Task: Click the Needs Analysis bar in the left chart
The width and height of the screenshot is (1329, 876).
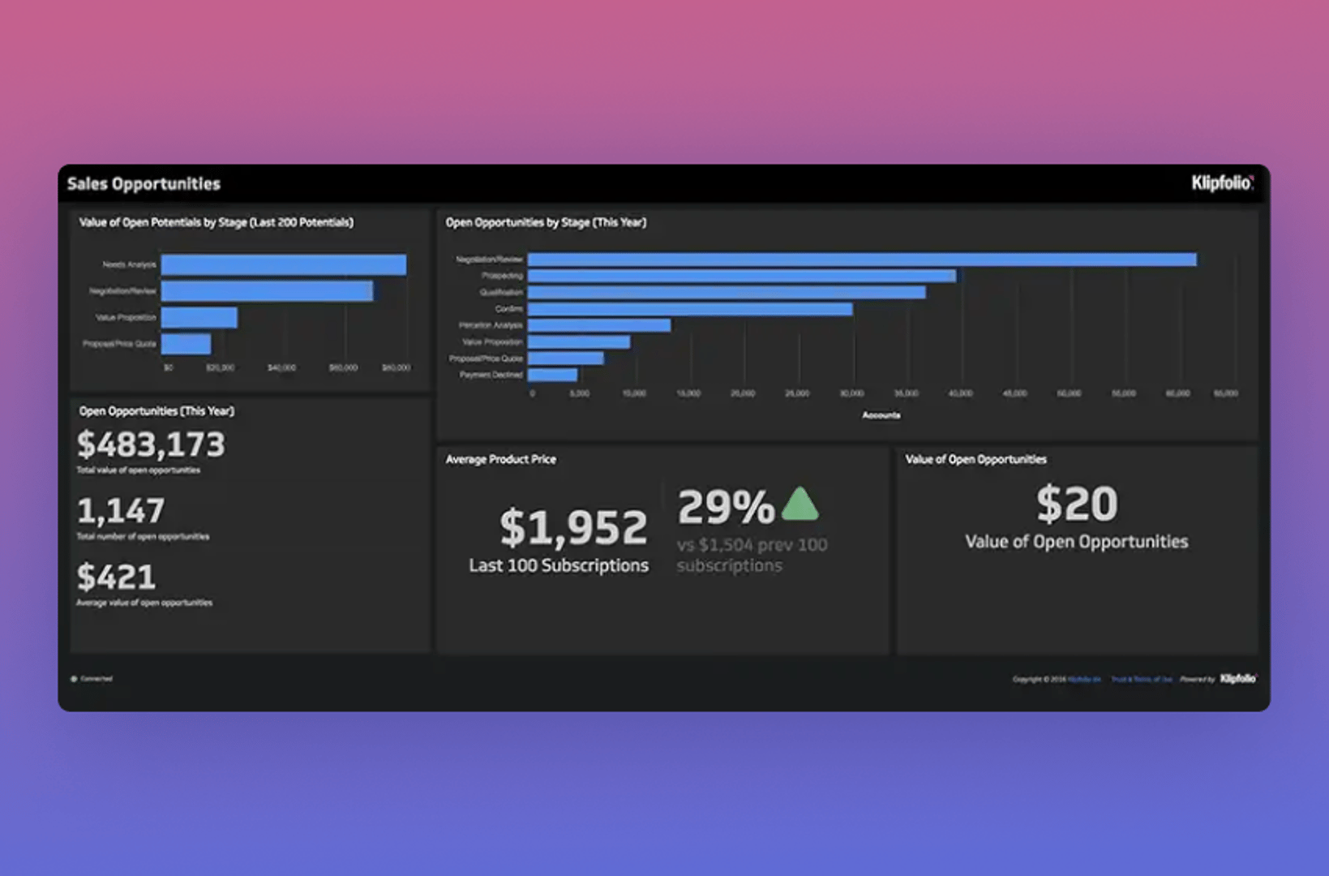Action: (283, 264)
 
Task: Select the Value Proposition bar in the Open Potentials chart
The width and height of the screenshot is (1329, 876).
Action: (199, 317)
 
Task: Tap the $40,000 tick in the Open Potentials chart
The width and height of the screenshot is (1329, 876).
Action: (281, 368)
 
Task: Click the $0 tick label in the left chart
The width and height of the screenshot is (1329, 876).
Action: (168, 368)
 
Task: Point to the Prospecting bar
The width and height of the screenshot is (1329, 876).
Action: (741, 276)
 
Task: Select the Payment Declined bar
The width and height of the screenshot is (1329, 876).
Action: (552, 375)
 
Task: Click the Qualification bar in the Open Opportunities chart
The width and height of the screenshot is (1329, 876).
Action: (726, 292)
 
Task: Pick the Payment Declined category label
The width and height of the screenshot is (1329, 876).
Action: (491, 375)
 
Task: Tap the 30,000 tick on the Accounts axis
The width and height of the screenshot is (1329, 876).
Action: (851, 393)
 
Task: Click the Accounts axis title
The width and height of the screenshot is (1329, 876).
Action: (881, 415)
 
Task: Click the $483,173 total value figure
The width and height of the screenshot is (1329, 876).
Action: (151, 444)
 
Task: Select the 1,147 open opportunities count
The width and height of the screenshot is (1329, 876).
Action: (121, 511)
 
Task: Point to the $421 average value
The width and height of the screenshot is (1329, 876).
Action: (116, 578)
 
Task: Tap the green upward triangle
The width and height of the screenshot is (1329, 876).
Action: (800, 505)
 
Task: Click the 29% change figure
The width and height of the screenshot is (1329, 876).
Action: (726, 508)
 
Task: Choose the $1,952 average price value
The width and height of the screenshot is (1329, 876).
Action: (573, 527)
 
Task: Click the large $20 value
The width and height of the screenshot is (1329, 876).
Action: (1076, 504)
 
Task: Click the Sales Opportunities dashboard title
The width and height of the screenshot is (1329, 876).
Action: (144, 184)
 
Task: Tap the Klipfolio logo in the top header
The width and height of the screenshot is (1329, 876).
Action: (1222, 183)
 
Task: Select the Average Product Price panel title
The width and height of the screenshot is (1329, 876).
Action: (500, 459)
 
